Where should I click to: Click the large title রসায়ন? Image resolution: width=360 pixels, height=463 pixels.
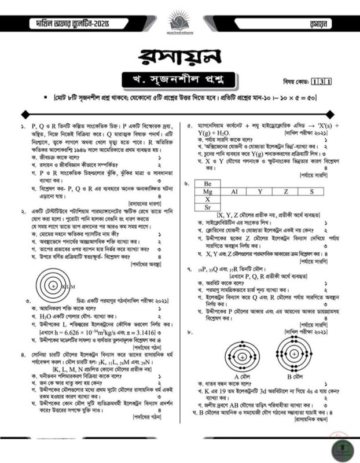(x=179, y=58)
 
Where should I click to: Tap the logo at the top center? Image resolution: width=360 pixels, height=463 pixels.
(x=179, y=20)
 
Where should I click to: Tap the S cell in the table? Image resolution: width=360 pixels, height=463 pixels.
(x=311, y=191)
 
